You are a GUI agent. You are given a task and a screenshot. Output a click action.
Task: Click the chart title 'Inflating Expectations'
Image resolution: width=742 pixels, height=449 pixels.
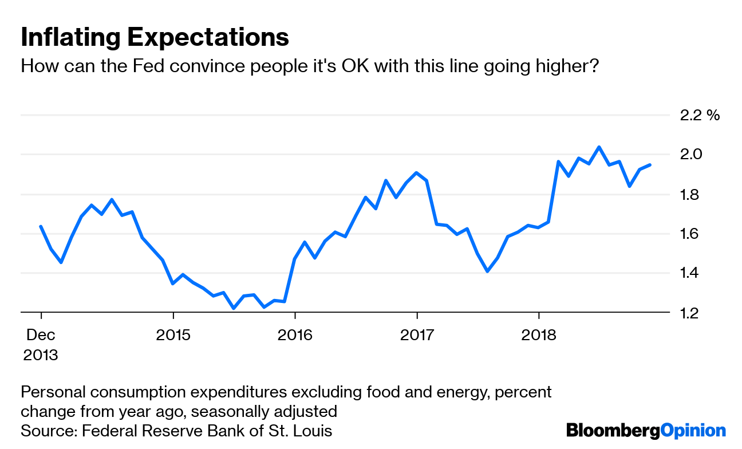click(155, 37)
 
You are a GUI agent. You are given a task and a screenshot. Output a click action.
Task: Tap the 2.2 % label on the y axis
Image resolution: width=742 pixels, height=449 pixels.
click(699, 115)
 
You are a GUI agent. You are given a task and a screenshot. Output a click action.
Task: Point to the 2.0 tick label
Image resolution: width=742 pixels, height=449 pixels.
click(691, 154)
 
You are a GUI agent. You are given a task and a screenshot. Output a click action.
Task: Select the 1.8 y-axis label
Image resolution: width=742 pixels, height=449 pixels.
click(691, 194)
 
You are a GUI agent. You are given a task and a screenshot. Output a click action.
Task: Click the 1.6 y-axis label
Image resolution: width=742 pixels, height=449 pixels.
click(691, 233)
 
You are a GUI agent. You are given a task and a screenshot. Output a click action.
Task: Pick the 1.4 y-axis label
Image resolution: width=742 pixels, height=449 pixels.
click(691, 273)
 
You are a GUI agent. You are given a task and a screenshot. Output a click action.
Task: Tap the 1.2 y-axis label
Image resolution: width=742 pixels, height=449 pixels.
click(691, 313)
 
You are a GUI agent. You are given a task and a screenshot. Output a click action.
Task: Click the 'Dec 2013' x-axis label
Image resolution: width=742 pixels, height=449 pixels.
click(41, 344)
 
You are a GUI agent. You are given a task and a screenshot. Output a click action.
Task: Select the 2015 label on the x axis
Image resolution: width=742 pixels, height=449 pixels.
click(173, 334)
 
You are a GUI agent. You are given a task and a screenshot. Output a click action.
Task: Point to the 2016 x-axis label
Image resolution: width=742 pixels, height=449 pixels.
click(295, 334)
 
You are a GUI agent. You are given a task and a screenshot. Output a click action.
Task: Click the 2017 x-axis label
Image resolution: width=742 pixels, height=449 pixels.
click(417, 334)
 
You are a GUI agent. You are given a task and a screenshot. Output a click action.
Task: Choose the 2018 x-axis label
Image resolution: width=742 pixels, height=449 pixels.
click(539, 334)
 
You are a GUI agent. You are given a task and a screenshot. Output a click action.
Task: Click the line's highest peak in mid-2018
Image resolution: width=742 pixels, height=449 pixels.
click(599, 147)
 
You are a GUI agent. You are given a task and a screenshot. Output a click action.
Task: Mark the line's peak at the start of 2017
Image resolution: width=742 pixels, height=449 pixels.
click(417, 172)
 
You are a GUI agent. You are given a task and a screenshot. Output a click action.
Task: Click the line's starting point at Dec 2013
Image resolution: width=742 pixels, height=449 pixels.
click(41, 226)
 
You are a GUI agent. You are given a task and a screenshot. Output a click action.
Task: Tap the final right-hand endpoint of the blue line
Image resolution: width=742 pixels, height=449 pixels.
click(649, 165)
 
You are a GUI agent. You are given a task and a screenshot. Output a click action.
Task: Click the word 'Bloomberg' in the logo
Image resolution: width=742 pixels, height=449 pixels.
click(613, 430)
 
